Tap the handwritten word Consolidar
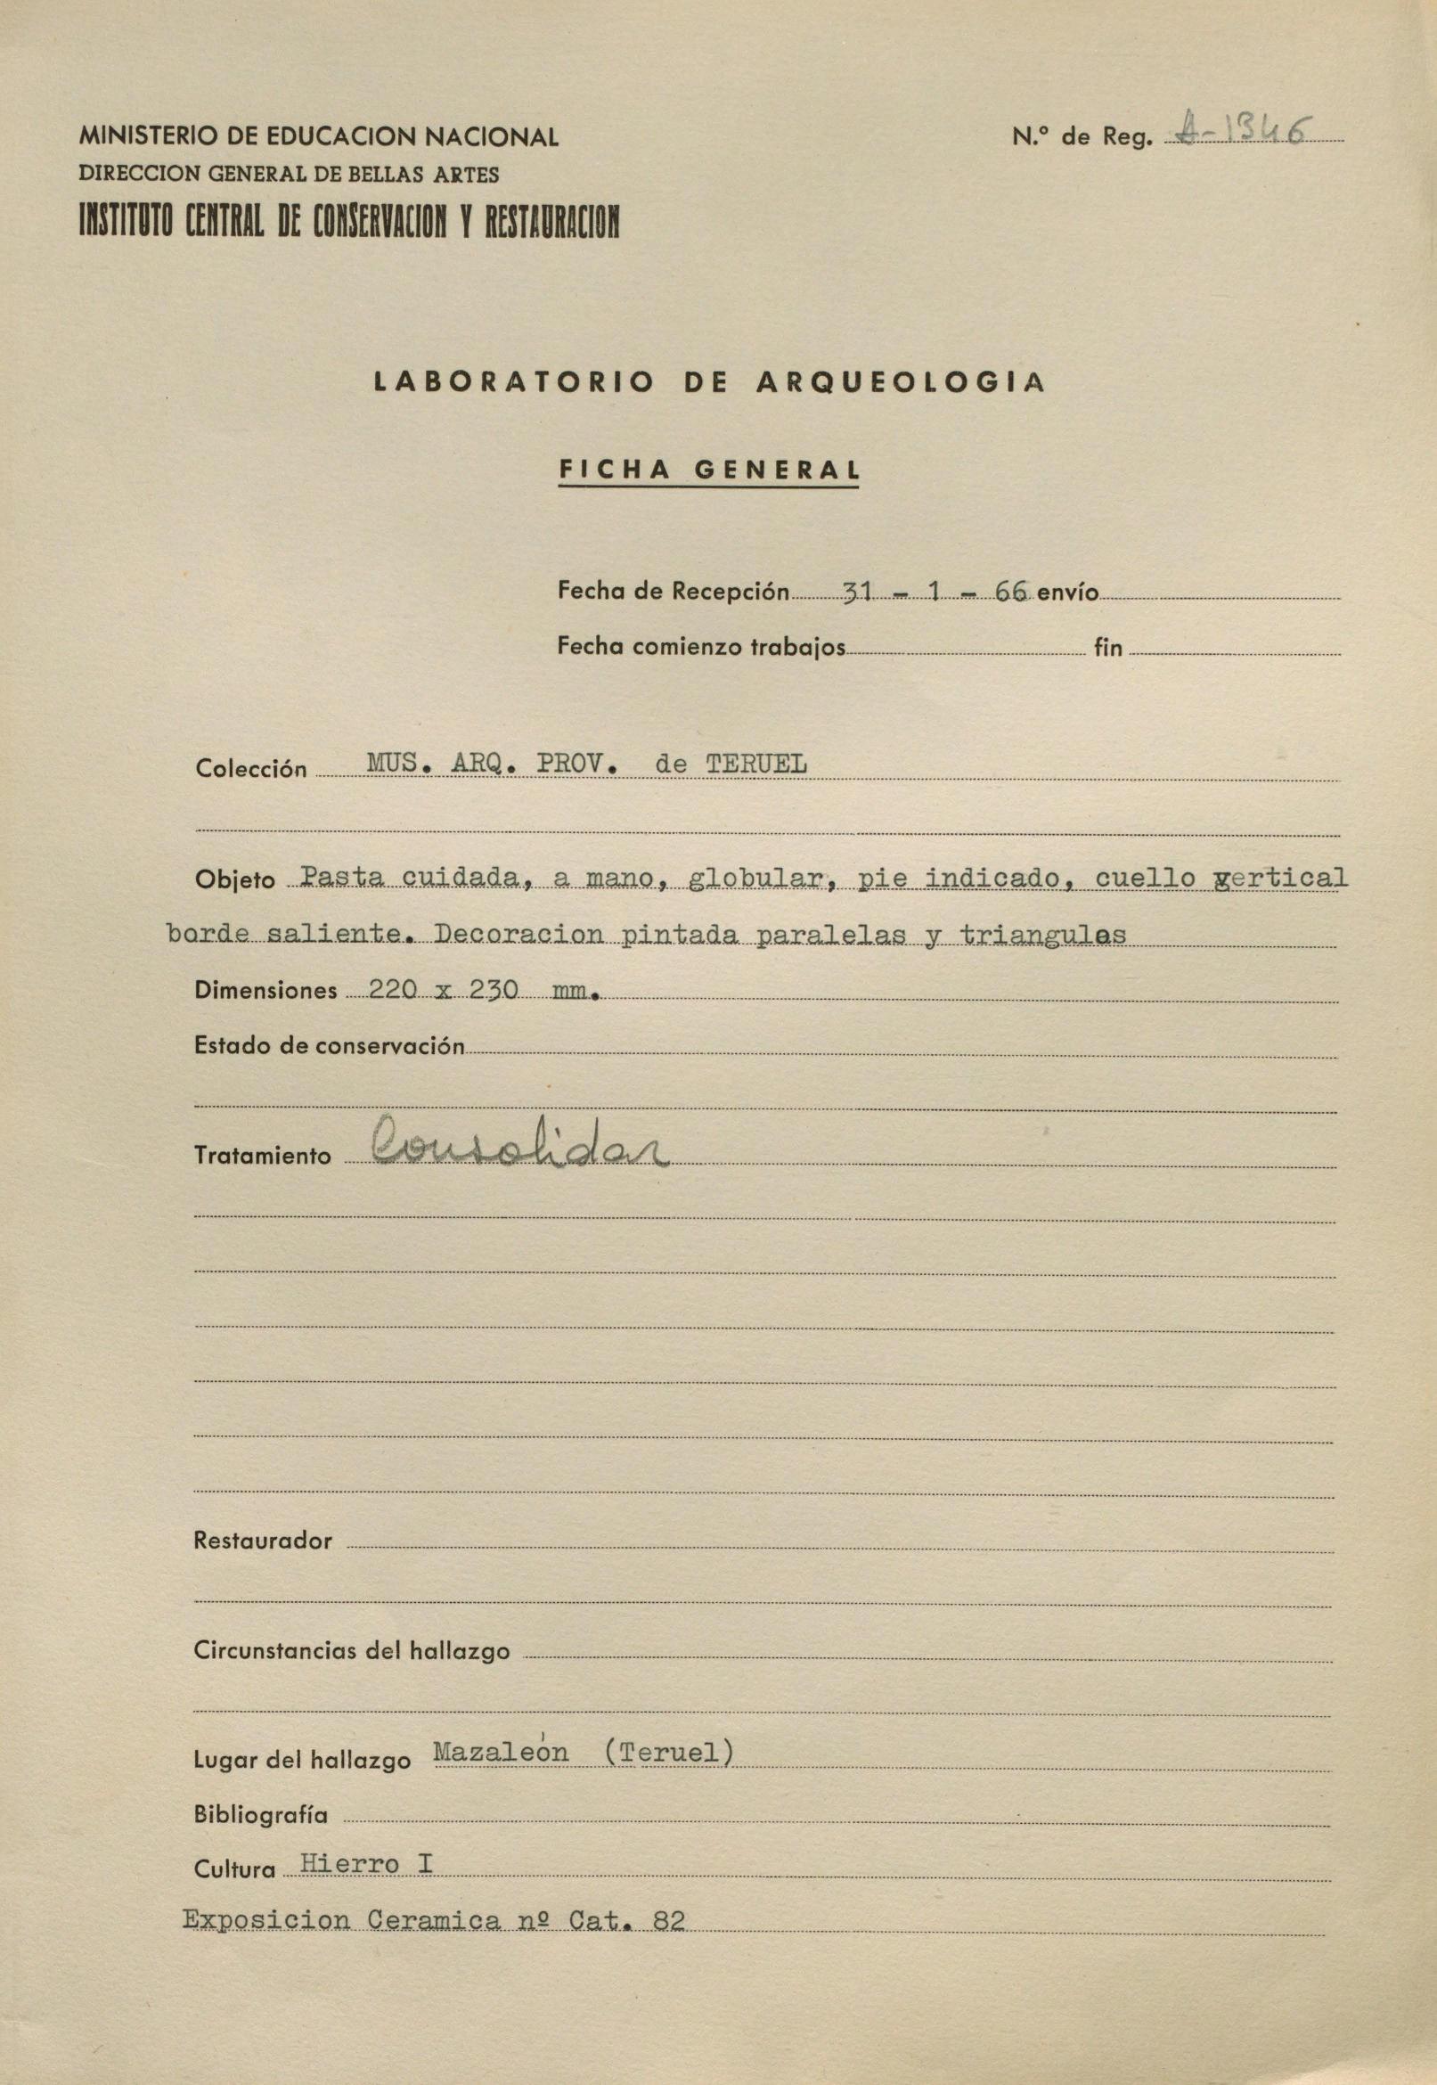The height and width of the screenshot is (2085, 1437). pos(519,1145)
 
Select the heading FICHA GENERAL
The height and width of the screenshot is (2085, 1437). pos(708,469)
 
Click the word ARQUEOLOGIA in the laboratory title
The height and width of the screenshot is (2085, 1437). pos(901,382)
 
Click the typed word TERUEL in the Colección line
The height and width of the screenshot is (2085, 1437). pos(755,764)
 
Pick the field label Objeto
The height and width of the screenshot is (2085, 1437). pos(234,881)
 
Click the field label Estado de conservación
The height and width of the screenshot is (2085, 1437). pos(329,1046)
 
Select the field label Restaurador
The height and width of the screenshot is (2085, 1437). pos(263,1541)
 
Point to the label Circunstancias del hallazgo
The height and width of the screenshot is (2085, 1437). pos(351,1651)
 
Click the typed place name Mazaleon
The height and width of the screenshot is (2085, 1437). pos(501,1753)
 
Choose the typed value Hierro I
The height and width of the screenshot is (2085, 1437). pos(366,1865)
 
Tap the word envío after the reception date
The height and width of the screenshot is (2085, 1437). pos(1068,593)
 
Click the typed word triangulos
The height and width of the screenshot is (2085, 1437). pos(1042,935)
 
